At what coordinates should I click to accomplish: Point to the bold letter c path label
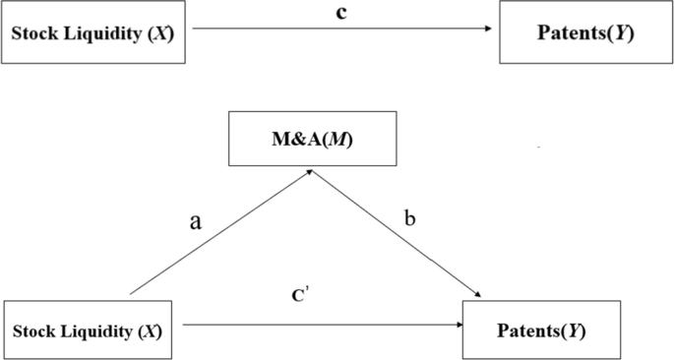point(340,14)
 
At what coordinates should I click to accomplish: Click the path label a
point(195,220)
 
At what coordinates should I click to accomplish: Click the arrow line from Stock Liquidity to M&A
point(221,232)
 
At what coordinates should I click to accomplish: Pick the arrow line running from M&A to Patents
point(398,236)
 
